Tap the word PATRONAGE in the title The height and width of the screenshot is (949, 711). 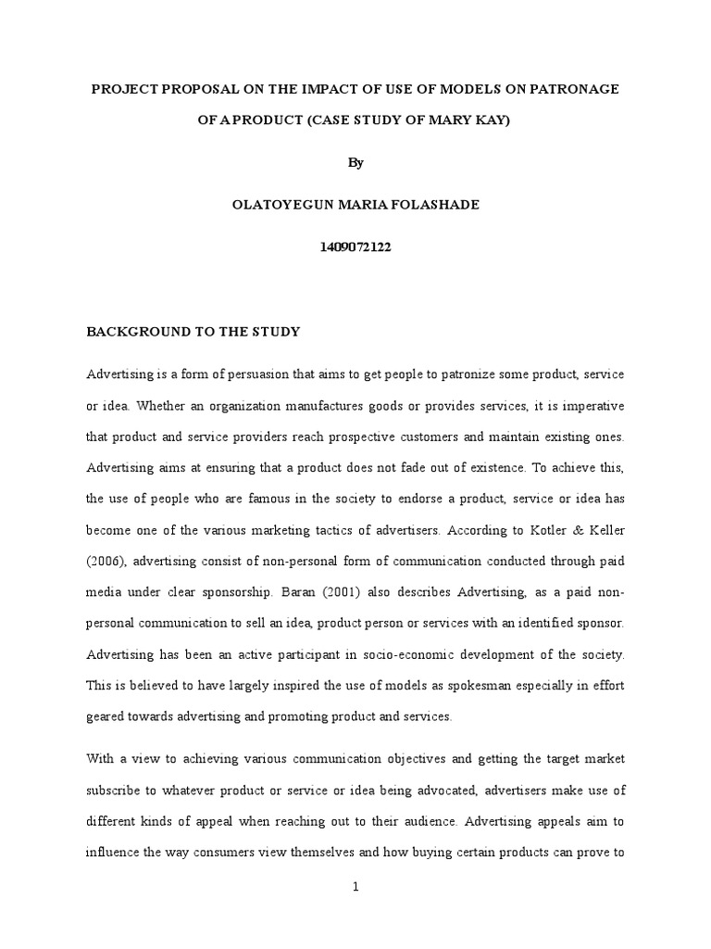568,89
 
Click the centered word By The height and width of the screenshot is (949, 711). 355,162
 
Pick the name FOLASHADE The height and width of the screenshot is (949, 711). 433,206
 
